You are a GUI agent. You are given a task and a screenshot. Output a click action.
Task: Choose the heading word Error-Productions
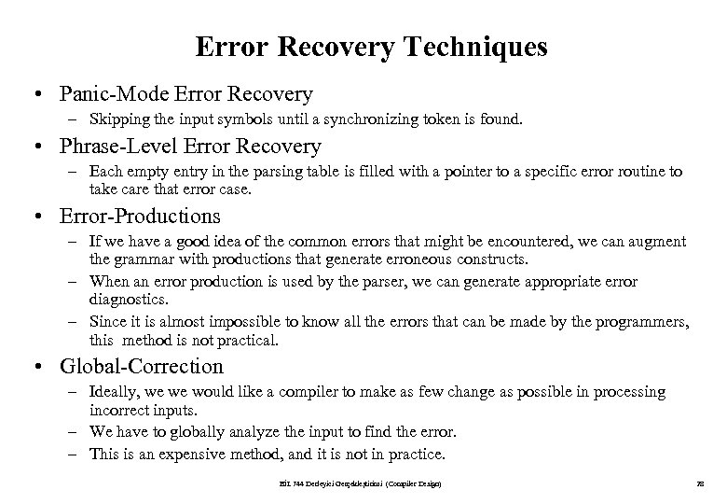139,217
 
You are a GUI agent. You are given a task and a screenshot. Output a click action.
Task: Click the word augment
659,242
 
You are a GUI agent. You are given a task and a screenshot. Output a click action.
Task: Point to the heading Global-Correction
141,366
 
